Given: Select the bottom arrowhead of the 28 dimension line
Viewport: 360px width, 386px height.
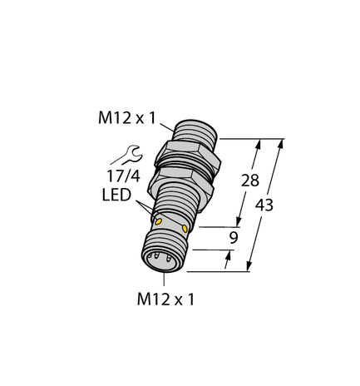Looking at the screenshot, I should tap(240, 221).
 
